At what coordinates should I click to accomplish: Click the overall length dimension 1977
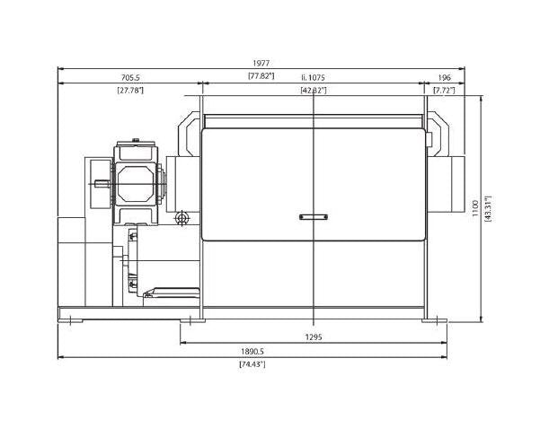coord(261,64)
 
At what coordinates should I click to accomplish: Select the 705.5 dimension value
coord(130,78)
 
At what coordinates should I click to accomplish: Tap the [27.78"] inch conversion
coord(130,91)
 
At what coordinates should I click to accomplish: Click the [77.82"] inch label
coord(261,76)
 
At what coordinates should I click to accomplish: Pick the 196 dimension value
coord(444,78)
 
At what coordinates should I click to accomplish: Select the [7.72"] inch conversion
coord(444,91)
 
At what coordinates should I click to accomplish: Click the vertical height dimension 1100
coord(475,208)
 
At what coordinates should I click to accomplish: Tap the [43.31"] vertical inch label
coord(488,208)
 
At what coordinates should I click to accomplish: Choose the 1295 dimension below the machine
coord(314,337)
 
